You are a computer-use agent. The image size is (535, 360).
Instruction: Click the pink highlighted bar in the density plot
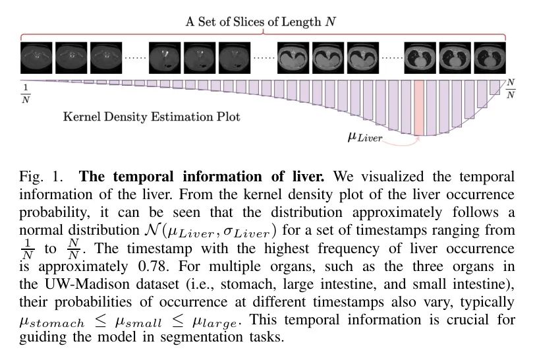(419, 108)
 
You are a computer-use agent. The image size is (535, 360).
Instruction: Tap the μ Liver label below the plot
(365, 138)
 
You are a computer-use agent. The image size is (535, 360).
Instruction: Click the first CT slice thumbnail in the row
(36, 58)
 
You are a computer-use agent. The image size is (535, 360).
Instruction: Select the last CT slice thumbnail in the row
(490, 58)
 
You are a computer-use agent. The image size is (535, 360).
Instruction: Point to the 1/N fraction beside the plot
(26, 94)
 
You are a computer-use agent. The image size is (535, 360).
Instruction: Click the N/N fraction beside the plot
(511, 88)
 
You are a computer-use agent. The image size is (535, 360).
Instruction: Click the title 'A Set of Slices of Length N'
(261, 22)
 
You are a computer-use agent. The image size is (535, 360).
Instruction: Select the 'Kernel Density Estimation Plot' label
(152, 117)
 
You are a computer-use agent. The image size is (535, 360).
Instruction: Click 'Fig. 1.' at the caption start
(42, 177)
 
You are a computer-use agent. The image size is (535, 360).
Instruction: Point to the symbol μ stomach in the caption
(52, 322)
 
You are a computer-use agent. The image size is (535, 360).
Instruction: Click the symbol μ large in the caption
(214, 322)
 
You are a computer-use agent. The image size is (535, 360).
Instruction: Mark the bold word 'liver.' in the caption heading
(308, 177)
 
